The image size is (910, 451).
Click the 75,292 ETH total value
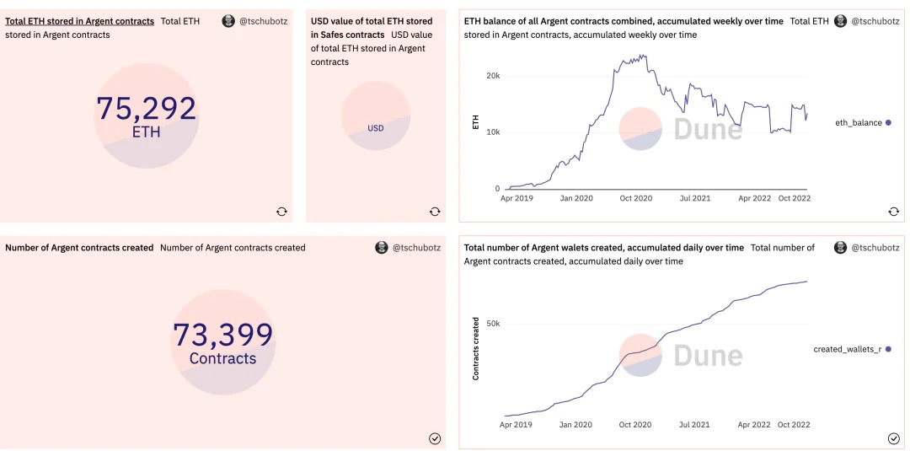(146, 109)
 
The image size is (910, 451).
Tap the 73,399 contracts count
(222, 335)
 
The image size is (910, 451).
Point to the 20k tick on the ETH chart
(493, 76)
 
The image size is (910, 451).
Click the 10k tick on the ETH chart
(493, 132)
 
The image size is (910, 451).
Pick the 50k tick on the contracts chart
(493, 324)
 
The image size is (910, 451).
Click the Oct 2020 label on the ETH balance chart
(635, 198)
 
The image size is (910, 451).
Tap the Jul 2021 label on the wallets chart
(694, 425)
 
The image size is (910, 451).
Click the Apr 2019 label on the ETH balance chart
(517, 198)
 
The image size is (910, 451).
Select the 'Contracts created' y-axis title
(476, 348)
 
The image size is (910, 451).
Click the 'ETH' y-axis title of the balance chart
(476, 123)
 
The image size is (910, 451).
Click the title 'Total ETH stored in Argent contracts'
(79, 21)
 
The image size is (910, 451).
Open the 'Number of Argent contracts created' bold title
(79, 248)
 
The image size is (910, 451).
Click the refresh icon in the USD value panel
(434, 212)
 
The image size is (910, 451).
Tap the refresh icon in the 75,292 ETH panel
(281, 212)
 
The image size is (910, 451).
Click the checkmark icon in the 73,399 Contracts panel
(435, 438)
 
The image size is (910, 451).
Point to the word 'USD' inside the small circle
(376, 128)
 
